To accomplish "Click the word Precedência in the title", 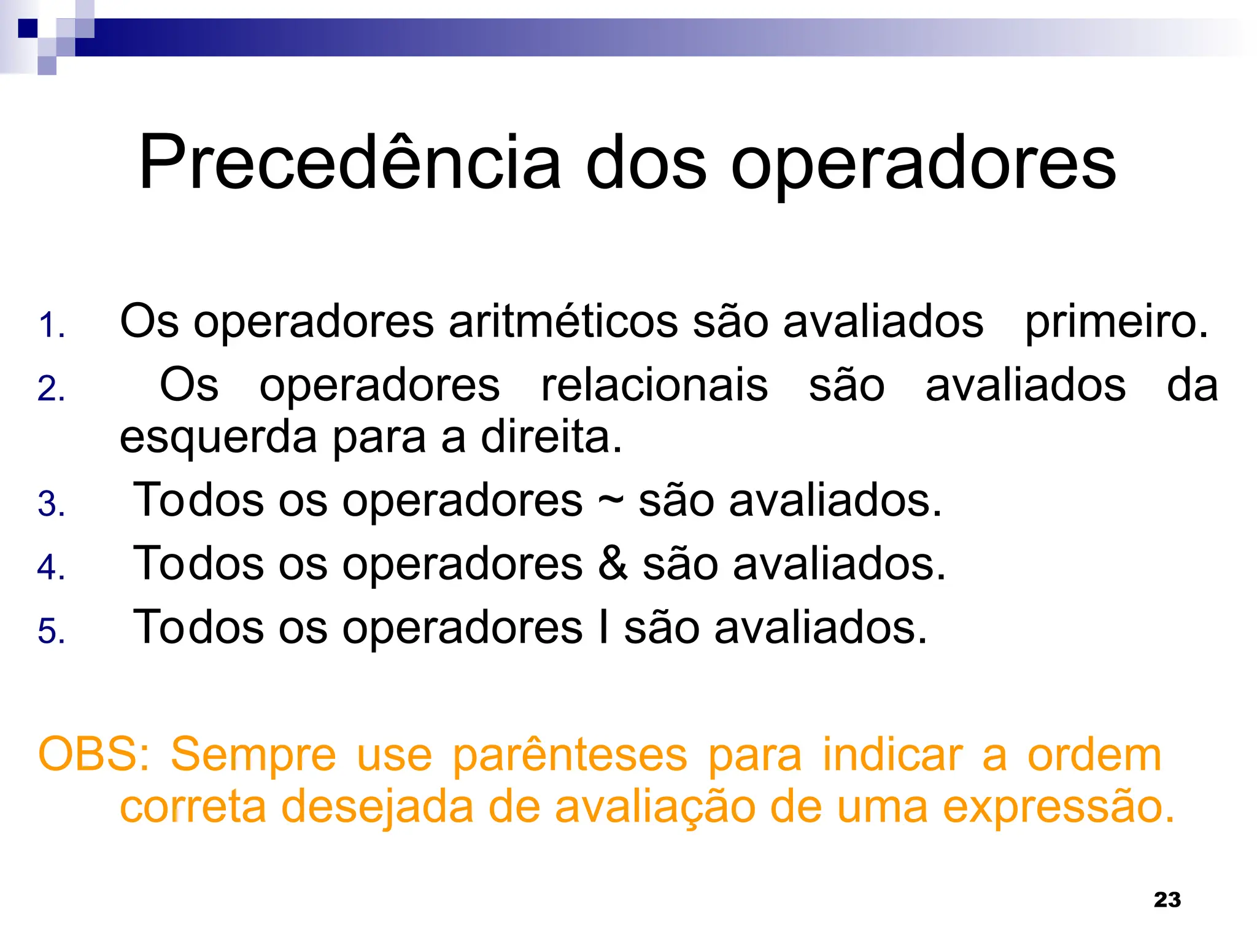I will pos(350,163).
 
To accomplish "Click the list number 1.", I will pos(51,325).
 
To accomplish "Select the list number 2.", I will pos(51,389).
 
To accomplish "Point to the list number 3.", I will pos(51,504).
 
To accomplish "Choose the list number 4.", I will pos(51,567).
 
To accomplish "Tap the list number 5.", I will pos(51,631).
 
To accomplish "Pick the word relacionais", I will pos(654,386).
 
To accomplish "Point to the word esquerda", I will pos(218,438).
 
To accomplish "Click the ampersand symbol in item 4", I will pos(613,563).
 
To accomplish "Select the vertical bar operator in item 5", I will pos(604,626).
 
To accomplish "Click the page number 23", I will pos(1167,900).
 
